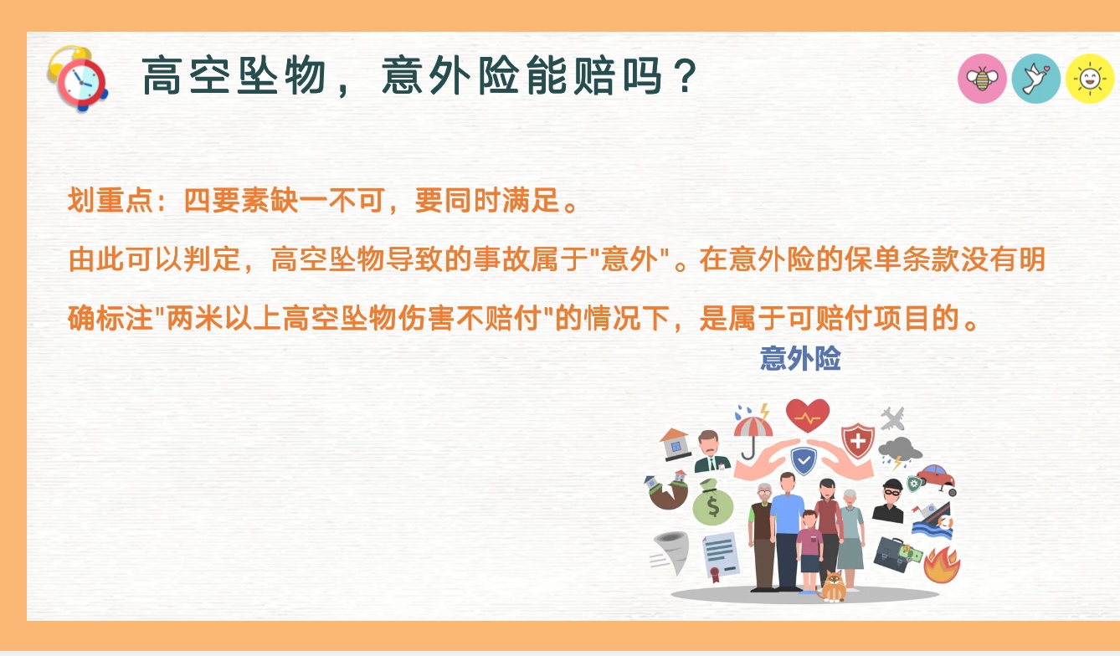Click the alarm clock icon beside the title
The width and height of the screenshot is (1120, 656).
78,79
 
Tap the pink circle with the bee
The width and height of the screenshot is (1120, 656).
982,79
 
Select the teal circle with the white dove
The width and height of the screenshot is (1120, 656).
1036,79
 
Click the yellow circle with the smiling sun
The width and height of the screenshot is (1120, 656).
1090,79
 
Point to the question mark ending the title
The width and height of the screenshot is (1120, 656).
685,76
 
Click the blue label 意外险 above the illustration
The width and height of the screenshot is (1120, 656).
800,358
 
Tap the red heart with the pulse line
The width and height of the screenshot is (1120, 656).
808,415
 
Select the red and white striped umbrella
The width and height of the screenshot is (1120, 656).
753,433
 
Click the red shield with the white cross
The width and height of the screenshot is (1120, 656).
857,440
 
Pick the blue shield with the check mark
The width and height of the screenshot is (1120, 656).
804,460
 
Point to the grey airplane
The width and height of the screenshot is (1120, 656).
892,418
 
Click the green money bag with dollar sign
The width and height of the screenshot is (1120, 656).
712,503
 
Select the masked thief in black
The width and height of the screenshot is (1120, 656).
888,500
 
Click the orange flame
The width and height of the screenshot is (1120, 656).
942,565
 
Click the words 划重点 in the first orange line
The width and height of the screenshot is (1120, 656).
110,200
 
